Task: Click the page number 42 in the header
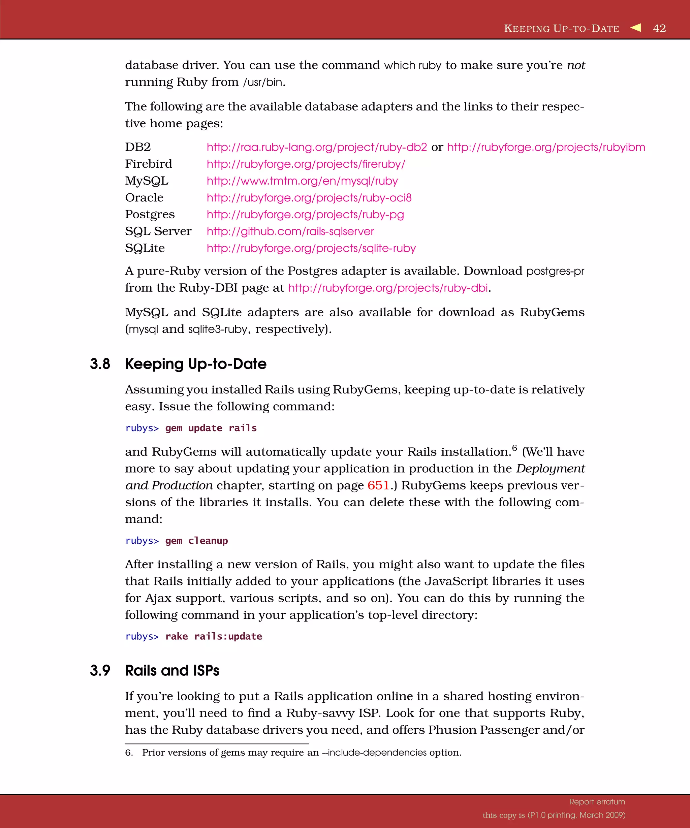(659, 28)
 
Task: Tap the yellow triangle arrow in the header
(636, 28)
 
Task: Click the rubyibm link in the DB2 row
(546, 147)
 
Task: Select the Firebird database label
(149, 164)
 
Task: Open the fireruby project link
(306, 164)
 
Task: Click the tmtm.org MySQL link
(302, 181)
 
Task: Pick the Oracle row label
(144, 197)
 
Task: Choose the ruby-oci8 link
(309, 197)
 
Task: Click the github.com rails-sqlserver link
(290, 231)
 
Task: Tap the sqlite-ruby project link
(311, 248)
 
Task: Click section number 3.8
(100, 364)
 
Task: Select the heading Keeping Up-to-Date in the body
(195, 364)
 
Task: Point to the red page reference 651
(378, 485)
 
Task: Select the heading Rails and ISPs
(172, 671)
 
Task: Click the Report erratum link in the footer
(597, 802)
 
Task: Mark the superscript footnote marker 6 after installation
(514, 448)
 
